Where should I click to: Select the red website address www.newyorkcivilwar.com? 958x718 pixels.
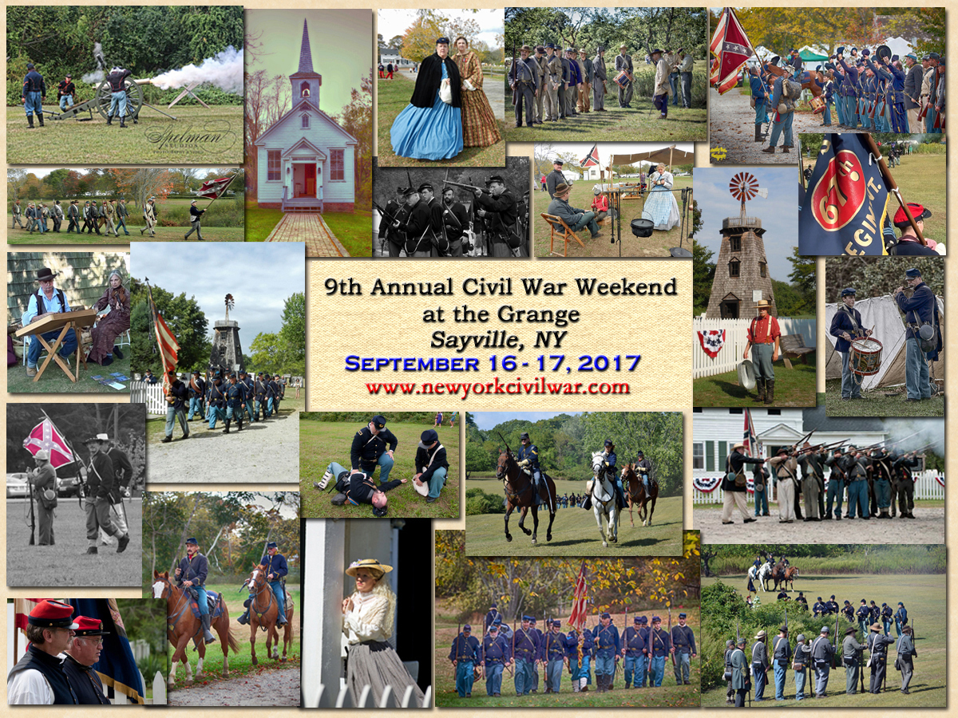(x=497, y=387)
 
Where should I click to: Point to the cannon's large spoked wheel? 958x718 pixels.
(x=119, y=100)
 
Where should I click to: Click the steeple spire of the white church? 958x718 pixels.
(x=306, y=45)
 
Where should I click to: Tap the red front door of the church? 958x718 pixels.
(x=305, y=180)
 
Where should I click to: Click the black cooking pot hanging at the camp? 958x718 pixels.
(x=642, y=227)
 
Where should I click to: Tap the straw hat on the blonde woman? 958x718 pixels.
(x=369, y=567)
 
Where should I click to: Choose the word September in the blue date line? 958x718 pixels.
(x=412, y=364)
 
